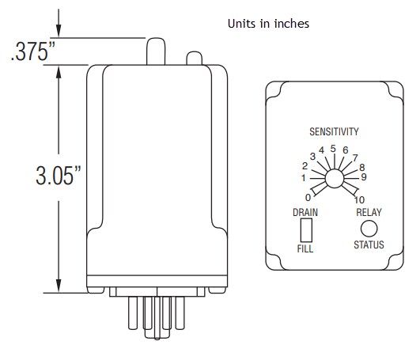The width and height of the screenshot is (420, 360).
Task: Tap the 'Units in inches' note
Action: [x=267, y=24]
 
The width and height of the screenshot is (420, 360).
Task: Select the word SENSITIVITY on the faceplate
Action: [x=334, y=131]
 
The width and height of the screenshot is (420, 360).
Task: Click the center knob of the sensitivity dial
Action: [x=333, y=180]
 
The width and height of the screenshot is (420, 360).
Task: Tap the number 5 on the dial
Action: [x=333, y=148]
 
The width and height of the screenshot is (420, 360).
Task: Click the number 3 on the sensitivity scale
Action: [x=312, y=157]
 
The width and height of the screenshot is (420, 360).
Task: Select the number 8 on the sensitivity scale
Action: [x=361, y=167]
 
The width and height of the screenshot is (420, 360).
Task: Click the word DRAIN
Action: [x=305, y=212]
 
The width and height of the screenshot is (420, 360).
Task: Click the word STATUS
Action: [x=368, y=244]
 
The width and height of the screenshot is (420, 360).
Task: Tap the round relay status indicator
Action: [x=368, y=228]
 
